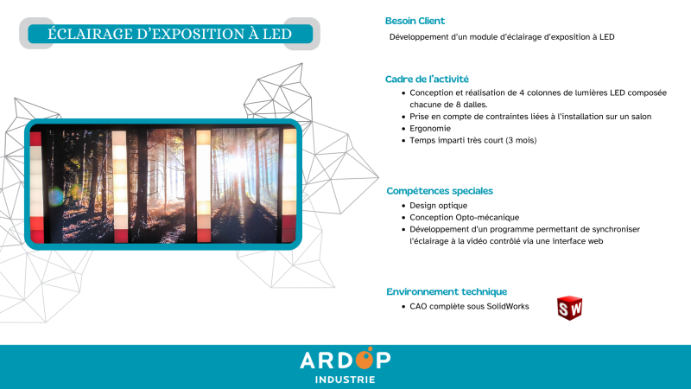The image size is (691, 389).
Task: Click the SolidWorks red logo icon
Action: [x=569, y=308]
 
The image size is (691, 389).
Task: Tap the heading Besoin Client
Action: [x=415, y=21]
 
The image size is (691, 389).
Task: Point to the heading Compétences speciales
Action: [x=440, y=190]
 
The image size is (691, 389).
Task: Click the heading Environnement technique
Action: [x=447, y=291]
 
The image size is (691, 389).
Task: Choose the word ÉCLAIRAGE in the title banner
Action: [x=89, y=34]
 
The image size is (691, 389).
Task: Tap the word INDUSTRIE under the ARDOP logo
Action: [x=345, y=379]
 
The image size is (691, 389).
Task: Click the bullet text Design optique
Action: [x=438, y=206]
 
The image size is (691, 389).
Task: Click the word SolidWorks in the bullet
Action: [x=506, y=306]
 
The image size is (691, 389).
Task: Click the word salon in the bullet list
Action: [x=638, y=116]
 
